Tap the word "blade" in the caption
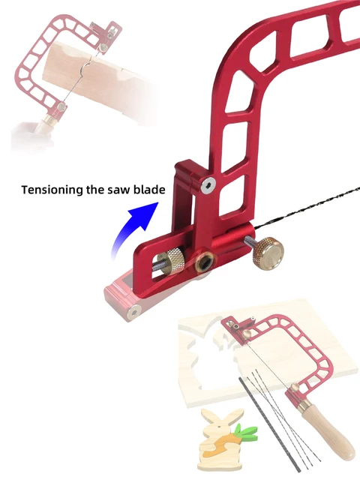click(146, 190)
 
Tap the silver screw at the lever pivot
click(208, 184)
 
